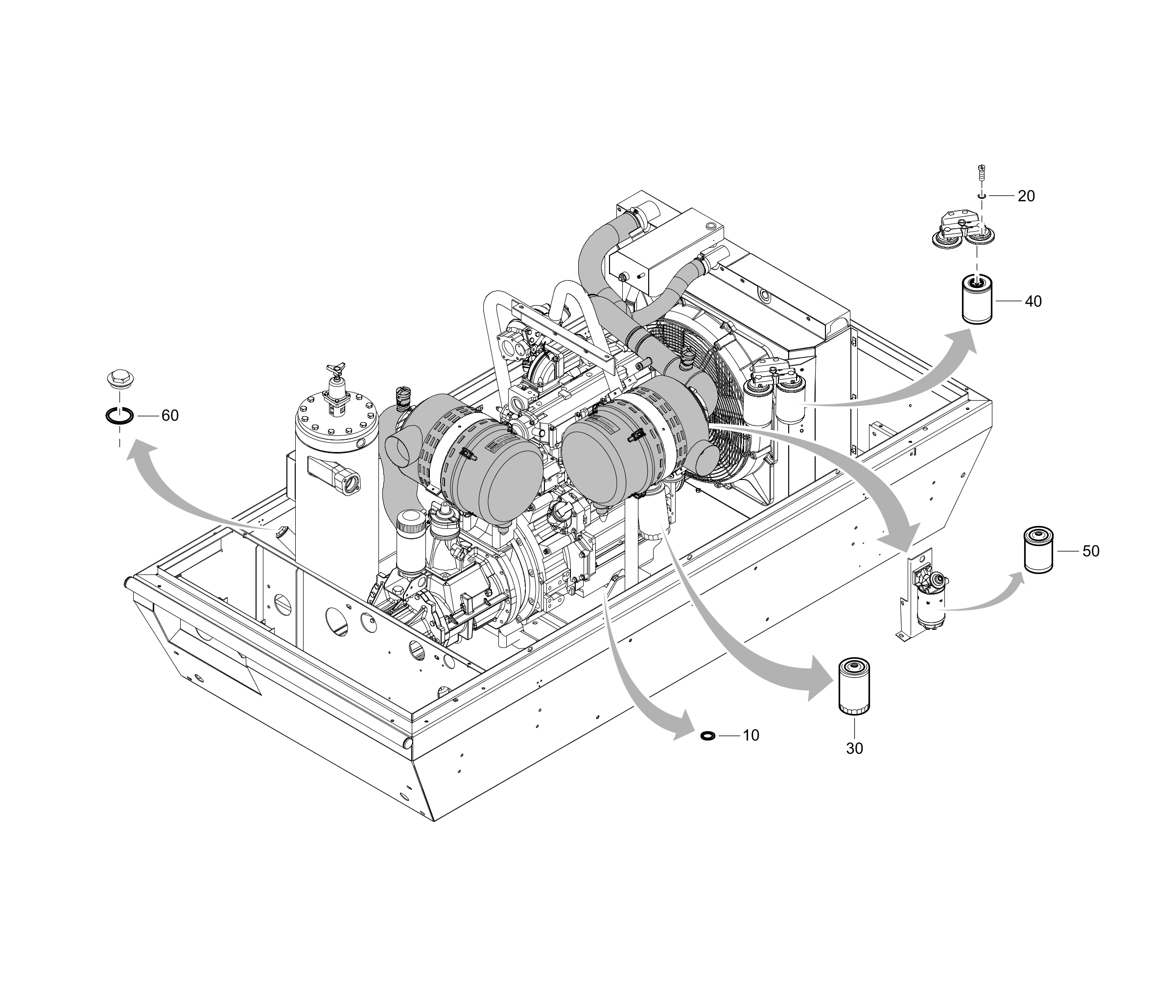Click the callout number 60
(170, 416)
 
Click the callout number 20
(1026, 196)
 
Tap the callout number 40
(1033, 302)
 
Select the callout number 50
(1091, 551)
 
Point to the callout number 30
(854, 748)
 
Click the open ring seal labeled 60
(119, 416)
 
